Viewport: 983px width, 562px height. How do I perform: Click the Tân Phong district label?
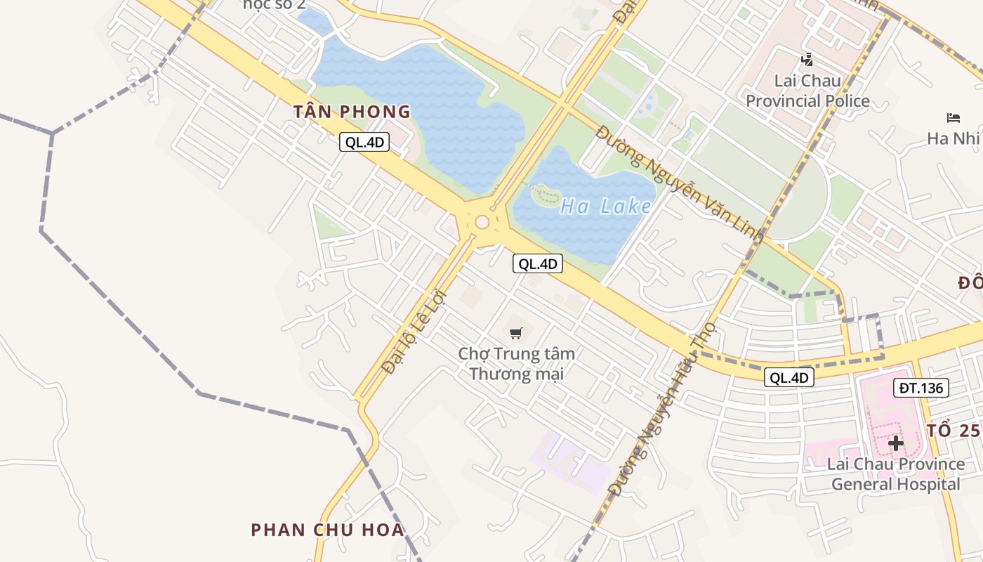[352, 112]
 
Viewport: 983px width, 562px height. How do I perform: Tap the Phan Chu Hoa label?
[328, 530]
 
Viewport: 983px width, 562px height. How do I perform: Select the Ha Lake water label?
[605, 207]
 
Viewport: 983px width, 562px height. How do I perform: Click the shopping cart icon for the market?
[516, 333]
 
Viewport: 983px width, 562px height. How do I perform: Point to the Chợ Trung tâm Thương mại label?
[516, 363]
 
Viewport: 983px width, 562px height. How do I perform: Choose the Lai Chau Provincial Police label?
[807, 91]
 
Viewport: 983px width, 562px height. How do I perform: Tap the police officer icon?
[807, 60]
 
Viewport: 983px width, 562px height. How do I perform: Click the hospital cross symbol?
[895, 443]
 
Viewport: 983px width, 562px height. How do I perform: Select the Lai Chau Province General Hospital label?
[895, 474]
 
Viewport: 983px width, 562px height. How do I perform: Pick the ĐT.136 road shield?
[921, 387]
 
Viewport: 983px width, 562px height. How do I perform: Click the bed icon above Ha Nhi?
[953, 117]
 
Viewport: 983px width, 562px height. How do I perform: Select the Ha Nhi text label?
[953, 138]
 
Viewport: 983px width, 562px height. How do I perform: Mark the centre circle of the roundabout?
[482, 222]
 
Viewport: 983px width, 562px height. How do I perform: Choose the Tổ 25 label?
[953, 431]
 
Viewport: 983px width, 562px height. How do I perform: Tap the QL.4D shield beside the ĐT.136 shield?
[789, 377]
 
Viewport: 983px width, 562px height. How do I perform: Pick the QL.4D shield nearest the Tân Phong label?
[364, 142]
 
